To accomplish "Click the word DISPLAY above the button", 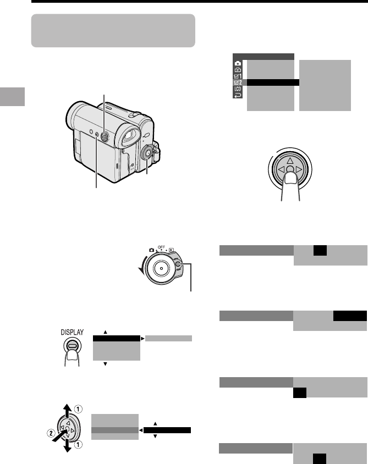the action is (72, 332).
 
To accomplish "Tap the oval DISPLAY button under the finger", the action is (72, 345).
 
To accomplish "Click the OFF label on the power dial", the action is (161, 247).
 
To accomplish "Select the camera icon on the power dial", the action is (152, 250).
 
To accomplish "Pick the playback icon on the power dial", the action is (172, 250).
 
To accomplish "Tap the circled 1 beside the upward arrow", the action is (78, 409).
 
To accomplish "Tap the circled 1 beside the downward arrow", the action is (78, 444).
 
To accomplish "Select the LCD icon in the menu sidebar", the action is (238, 89).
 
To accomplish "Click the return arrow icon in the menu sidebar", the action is (238, 95).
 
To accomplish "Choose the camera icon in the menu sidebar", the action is (238, 63).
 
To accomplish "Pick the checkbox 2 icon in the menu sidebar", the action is (238, 82).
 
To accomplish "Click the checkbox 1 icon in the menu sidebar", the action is (238, 76).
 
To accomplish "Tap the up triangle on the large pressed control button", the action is (290, 161).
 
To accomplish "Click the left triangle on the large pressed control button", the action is (281, 169).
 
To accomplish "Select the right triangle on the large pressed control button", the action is (299, 169).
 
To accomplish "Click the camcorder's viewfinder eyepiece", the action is (128, 136).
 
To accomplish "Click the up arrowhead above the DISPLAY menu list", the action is (105, 332).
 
